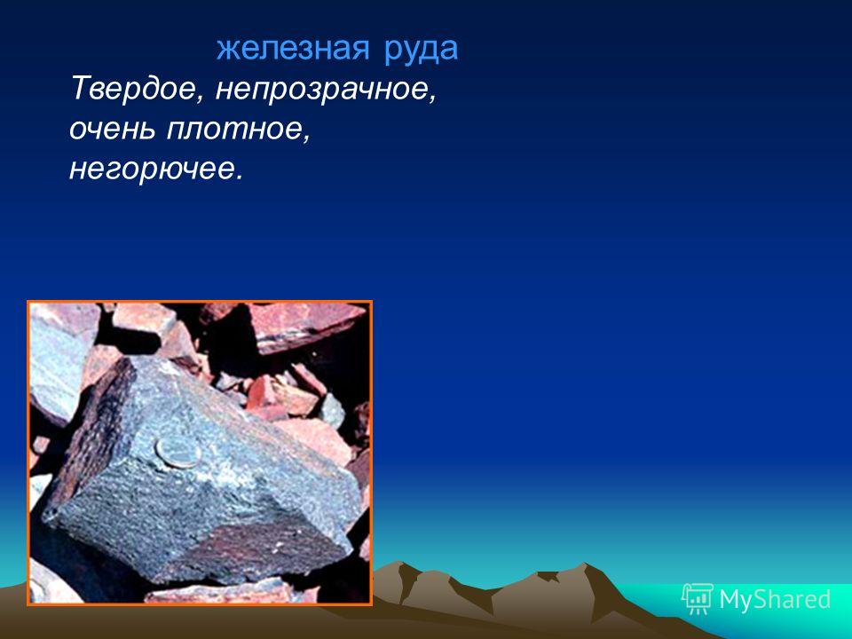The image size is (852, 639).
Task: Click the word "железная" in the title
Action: tap(293, 48)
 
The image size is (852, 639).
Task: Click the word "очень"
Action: tap(113, 130)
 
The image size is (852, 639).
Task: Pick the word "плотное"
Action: tap(234, 130)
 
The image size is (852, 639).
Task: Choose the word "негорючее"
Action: tap(151, 170)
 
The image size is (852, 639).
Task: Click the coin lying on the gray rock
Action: tap(178, 452)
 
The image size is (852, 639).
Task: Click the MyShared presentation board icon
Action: tap(698, 599)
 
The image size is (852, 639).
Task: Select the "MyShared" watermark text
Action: tap(775, 599)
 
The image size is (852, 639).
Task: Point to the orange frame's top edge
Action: tap(200, 302)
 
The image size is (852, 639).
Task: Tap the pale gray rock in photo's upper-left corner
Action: tap(61, 359)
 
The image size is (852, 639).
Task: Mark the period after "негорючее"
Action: tap(238, 177)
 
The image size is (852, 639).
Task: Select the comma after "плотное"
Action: tap(307, 138)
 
